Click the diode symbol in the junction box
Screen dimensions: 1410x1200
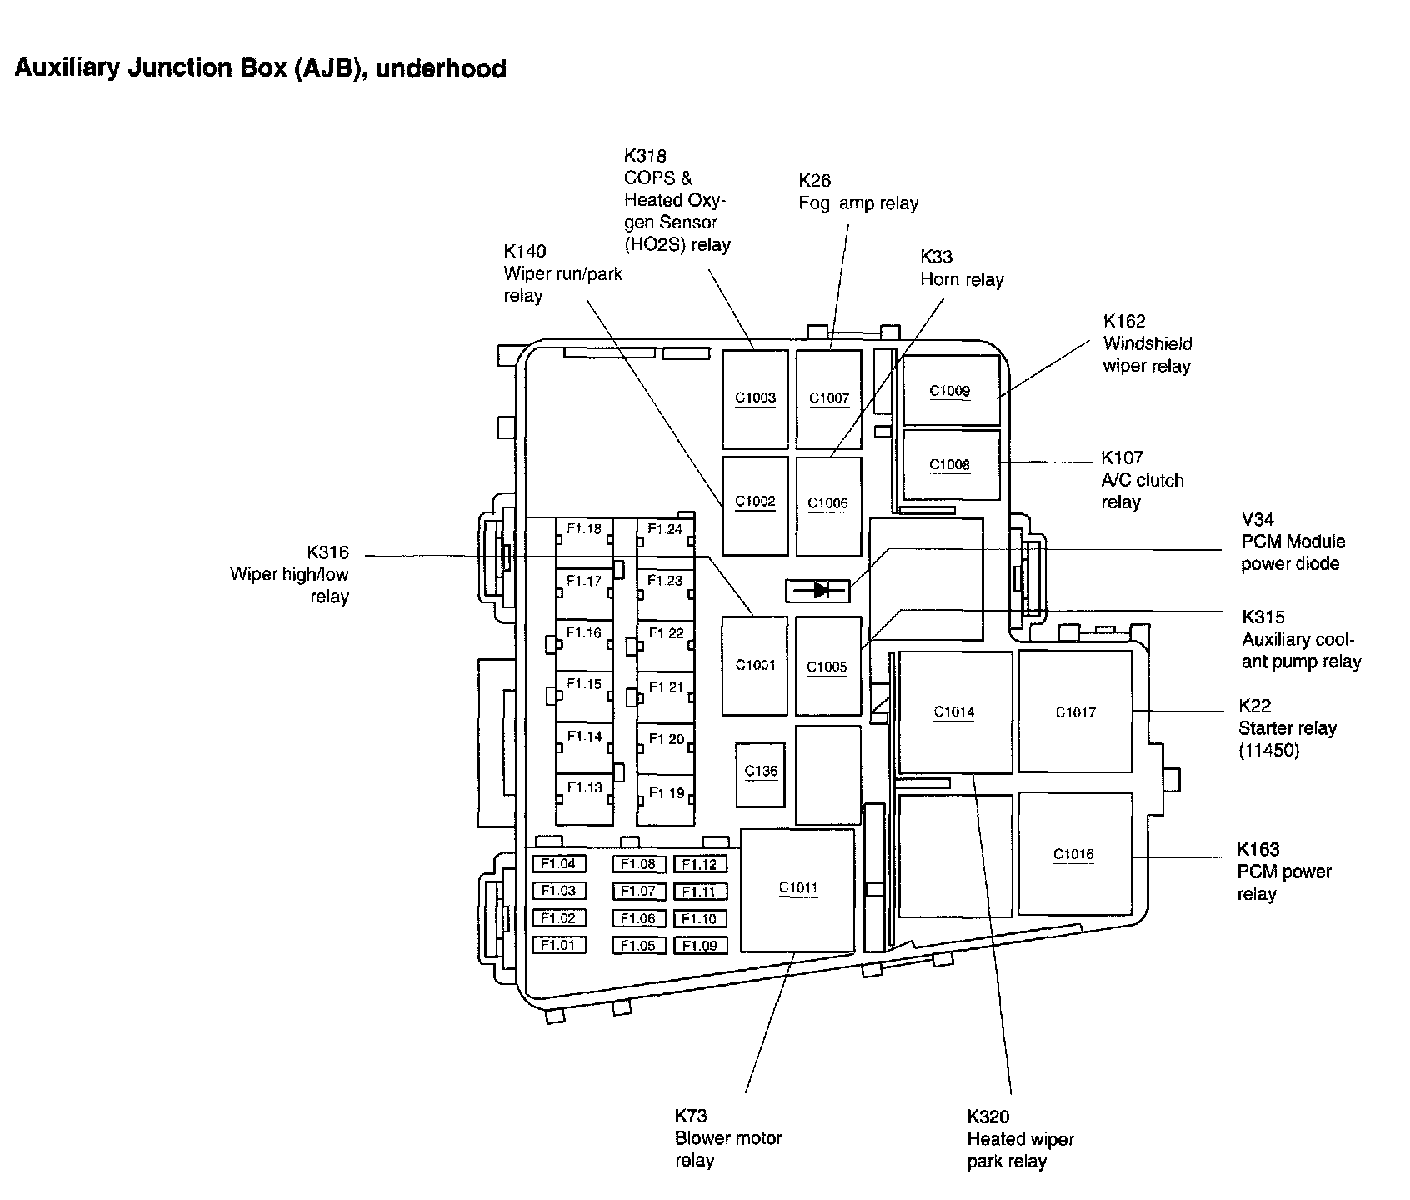pos(817,591)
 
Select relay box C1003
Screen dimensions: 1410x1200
pos(755,399)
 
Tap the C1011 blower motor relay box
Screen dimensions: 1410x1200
pos(798,890)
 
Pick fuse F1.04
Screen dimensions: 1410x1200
pos(558,864)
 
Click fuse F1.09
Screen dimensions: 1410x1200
pos(700,946)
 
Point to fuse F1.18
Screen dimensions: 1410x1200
pos(584,542)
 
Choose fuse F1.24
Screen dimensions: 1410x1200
pos(666,542)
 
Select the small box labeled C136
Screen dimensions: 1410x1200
pos(760,775)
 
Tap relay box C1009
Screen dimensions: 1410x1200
pos(951,390)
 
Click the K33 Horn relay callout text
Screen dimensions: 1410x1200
pos(962,268)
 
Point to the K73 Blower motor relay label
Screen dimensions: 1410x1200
pos(728,1138)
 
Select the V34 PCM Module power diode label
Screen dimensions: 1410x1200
pos(1293,542)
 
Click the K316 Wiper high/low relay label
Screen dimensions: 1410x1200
pos(290,575)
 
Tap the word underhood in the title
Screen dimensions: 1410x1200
pos(441,68)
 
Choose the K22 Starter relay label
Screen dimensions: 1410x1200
pos(1287,728)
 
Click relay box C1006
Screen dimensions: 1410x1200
pos(828,506)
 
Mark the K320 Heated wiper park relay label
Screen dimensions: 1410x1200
pos(1021,1139)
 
